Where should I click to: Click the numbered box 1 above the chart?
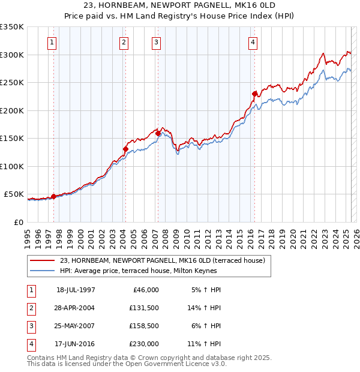pyautogui.click(x=53, y=43)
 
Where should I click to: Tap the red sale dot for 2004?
pyautogui.click(x=125, y=149)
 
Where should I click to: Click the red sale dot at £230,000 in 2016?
pyautogui.click(x=254, y=94)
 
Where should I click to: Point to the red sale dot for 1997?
pyautogui.click(x=53, y=196)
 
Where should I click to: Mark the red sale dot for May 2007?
pyautogui.click(x=158, y=133)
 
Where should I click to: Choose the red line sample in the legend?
pyautogui.click(x=43, y=260)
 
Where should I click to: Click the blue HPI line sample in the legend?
pyautogui.click(x=43, y=271)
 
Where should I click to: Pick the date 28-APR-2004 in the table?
pyautogui.click(x=76, y=308)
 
